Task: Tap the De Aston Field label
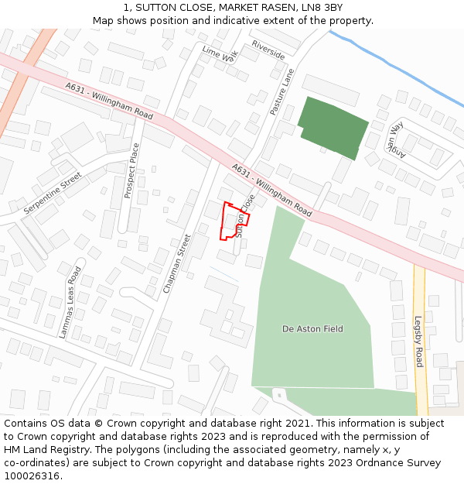click(312, 329)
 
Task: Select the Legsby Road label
click(418, 342)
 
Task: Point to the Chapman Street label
click(176, 263)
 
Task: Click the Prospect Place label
click(132, 170)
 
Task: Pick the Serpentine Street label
click(53, 193)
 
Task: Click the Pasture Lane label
click(282, 92)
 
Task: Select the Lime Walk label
click(220, 54)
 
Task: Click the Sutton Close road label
click(245, 215)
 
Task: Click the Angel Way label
click(396, 137)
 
